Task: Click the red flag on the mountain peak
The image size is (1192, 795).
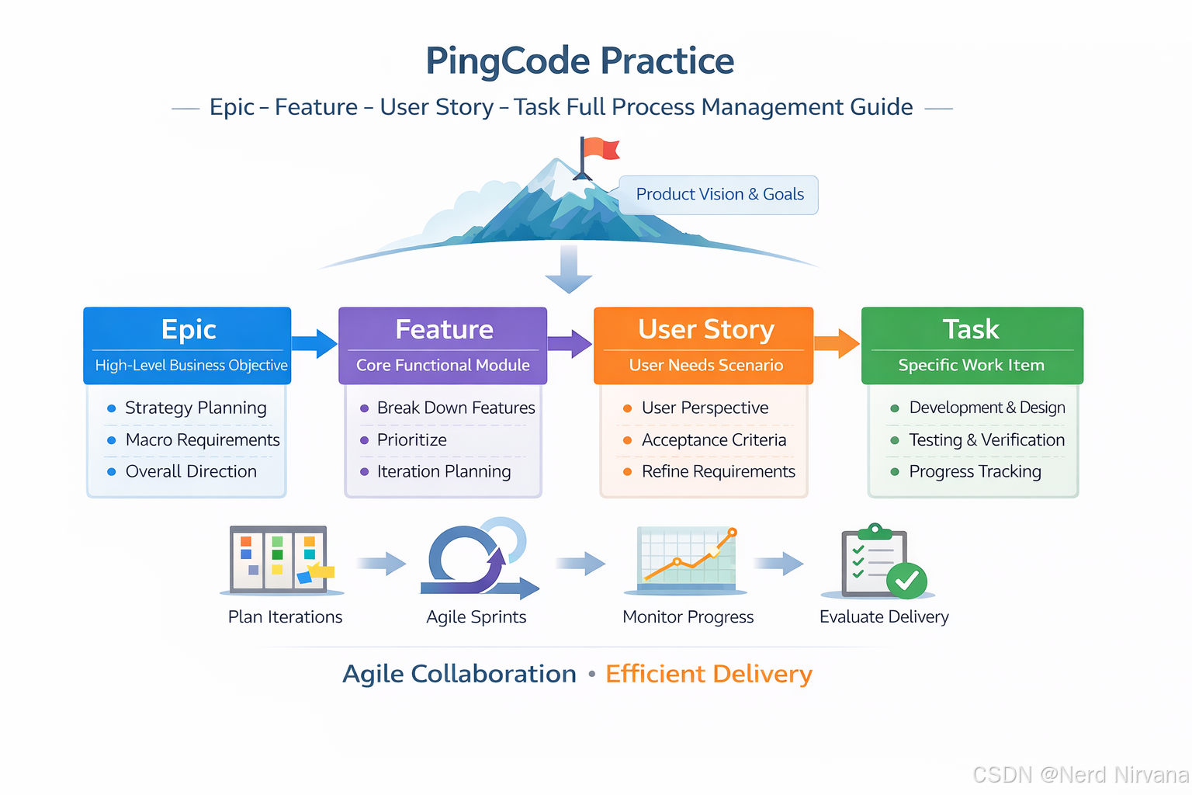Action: click(601, 148)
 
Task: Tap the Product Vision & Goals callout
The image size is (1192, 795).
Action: click(719, 195)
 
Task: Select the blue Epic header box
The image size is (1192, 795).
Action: click(187, 345)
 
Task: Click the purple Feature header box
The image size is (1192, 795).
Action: click(442, 345)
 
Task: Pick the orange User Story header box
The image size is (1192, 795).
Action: click(703, 345)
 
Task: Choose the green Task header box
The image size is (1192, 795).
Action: click(972, 345)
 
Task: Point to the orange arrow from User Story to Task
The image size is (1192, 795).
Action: click(837, 343)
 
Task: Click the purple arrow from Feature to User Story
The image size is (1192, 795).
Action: click(570, 343)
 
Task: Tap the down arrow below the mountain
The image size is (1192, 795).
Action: click(569, 269)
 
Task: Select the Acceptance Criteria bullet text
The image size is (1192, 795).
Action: click(713, 440)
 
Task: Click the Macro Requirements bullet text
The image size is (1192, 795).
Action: click(203, 440)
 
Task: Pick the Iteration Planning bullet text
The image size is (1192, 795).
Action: click(444, 472)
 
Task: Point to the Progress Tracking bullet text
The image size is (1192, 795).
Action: click(975, 472)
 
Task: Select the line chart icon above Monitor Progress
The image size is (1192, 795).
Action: click(687, 559)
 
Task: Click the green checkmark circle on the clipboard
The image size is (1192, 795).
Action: click(906, 581)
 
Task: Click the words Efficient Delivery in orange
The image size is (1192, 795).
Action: click(709, 674)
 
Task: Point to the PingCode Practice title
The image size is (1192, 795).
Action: click(580, 61)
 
